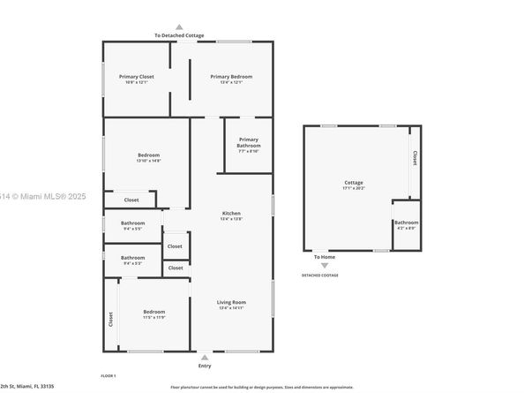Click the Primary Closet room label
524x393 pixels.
[x=137, y=77]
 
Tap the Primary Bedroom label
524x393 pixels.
[x=231, y=77]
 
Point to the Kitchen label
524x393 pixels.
[x=231, y=214]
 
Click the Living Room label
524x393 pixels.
[x=231, y=303]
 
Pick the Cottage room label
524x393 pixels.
[x=354, y=183]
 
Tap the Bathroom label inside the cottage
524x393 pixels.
[x=406, y=223]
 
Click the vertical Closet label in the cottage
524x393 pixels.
[x=414, y=158]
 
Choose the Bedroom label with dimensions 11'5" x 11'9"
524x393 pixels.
[x=154, y=312]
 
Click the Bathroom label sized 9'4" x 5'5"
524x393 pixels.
[x=133, y=223]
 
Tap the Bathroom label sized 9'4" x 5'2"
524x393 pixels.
[x=133, y=258]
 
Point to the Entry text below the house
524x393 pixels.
[x=205, y=365]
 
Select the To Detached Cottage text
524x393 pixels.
[x=179, y=35]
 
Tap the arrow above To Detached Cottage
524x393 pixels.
[x=179, y=26]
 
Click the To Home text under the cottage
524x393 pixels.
[x=324, y=257]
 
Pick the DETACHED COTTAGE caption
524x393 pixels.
[x=320, y=276]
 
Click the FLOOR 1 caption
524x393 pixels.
[x=109, y=375]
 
